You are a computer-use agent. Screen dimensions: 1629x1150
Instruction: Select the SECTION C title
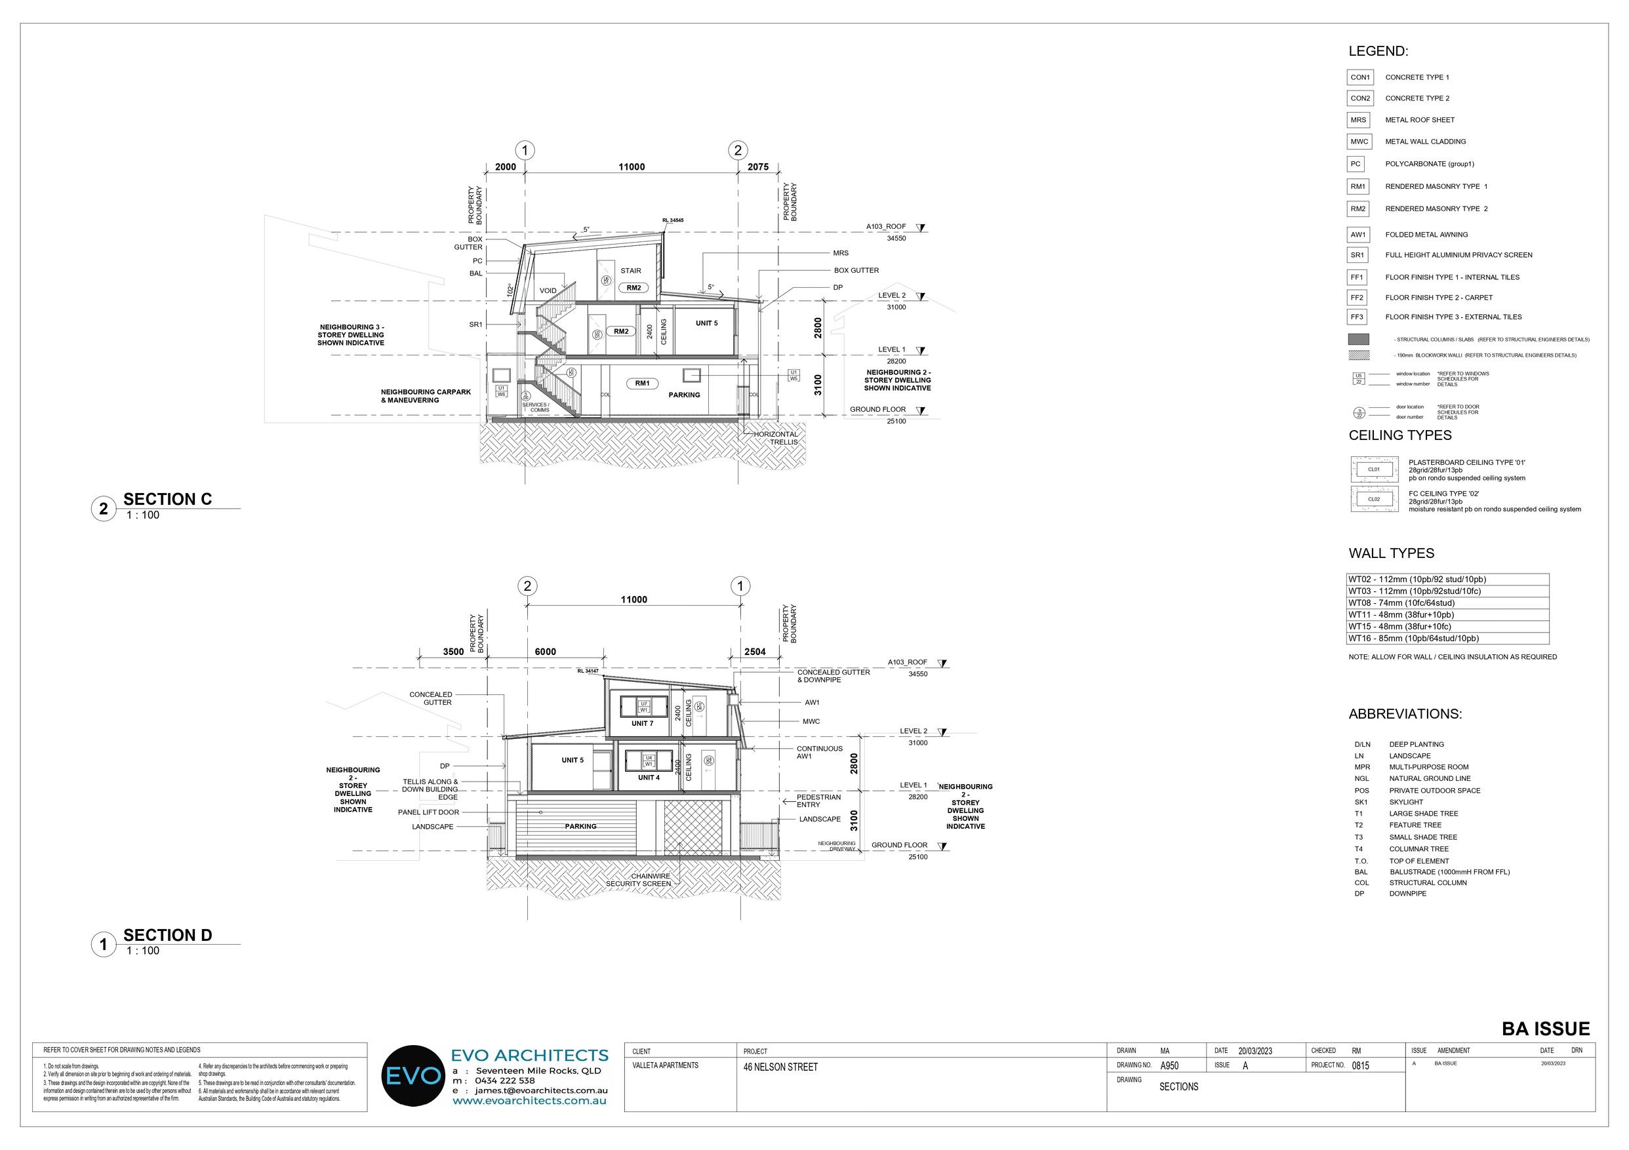(167, 500)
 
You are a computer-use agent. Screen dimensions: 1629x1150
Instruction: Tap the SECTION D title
(167, 935)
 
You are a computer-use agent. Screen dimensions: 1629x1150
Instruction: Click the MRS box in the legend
(1359, 120)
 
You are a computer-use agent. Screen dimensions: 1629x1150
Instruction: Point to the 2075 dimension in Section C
(757, 167)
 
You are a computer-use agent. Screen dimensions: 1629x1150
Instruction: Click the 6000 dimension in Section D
(545, 652)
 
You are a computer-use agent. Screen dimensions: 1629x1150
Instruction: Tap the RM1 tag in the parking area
(642, 384)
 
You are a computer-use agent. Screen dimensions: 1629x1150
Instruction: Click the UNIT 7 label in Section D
(642, 724)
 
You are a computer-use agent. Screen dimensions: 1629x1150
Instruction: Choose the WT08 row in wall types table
(1447, 603)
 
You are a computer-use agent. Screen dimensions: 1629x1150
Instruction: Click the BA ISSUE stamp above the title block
(1546, 1029)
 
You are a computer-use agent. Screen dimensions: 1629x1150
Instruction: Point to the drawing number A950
(1170, 1065)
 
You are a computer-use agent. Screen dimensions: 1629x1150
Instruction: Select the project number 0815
(1361, 1065)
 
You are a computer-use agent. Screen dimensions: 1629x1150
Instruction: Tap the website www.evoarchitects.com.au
(529, 1100)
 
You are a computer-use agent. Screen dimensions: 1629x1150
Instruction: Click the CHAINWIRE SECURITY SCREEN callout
(639, 880)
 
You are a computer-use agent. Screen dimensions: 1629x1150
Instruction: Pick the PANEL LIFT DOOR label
(428, 812)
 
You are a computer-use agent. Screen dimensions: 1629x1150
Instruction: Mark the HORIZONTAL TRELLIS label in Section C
(776, 438)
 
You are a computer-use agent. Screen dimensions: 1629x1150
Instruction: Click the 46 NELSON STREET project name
(780, 1067)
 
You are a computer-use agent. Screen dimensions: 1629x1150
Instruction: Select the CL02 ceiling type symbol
(1374, 500)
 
